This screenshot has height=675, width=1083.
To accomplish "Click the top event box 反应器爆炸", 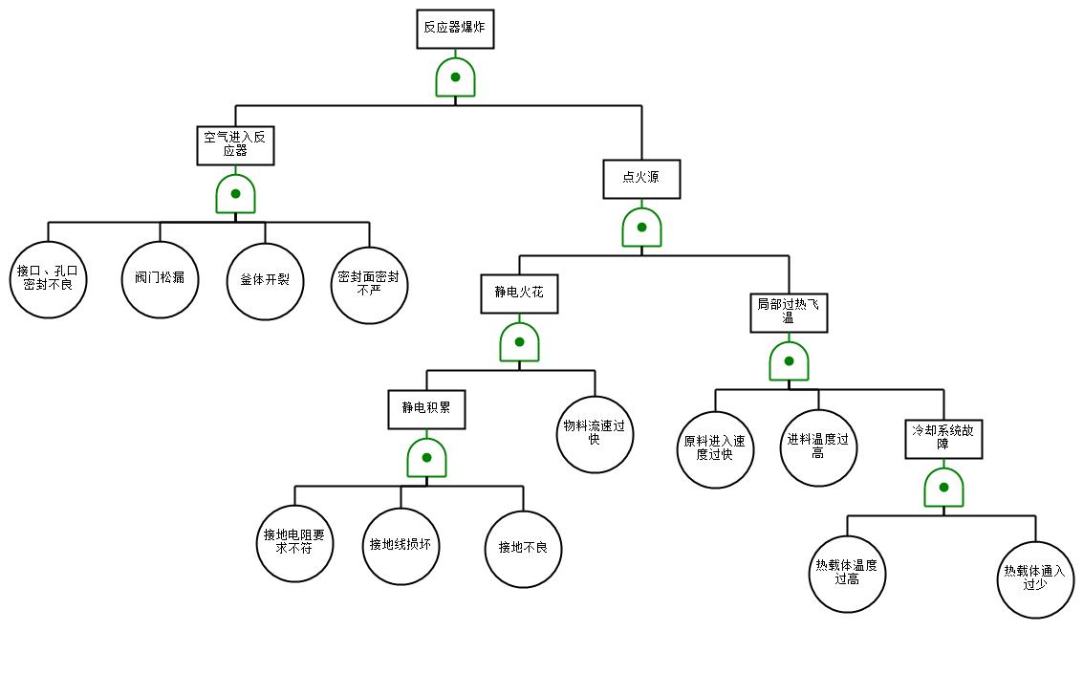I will coord(456,28).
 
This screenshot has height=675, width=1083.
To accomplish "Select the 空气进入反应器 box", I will coord(235,143).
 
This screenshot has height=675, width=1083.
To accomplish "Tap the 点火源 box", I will coord(641,178).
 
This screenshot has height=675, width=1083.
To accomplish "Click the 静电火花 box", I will coord(519,294).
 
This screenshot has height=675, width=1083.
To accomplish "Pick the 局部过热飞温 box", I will coord(789,312).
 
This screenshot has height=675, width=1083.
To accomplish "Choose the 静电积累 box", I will coord(426,409).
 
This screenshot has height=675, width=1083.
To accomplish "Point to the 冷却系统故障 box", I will coord(943,438).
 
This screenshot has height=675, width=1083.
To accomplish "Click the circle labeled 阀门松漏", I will coord(160,280).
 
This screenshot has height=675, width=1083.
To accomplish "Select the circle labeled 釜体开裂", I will coord(265,281).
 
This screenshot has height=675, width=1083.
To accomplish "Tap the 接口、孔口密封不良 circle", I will coord(49,280).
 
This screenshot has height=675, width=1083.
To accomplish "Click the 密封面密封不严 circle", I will coord(369,283).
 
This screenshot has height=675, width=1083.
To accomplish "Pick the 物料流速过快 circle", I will coord(595,434).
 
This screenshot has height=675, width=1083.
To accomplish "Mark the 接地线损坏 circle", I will coord(401,546).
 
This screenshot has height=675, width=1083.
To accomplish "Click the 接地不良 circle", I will coord(523,549).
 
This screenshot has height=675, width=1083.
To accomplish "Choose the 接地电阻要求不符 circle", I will coord(294,543).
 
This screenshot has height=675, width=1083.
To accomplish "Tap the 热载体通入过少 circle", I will coord(1035,578).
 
